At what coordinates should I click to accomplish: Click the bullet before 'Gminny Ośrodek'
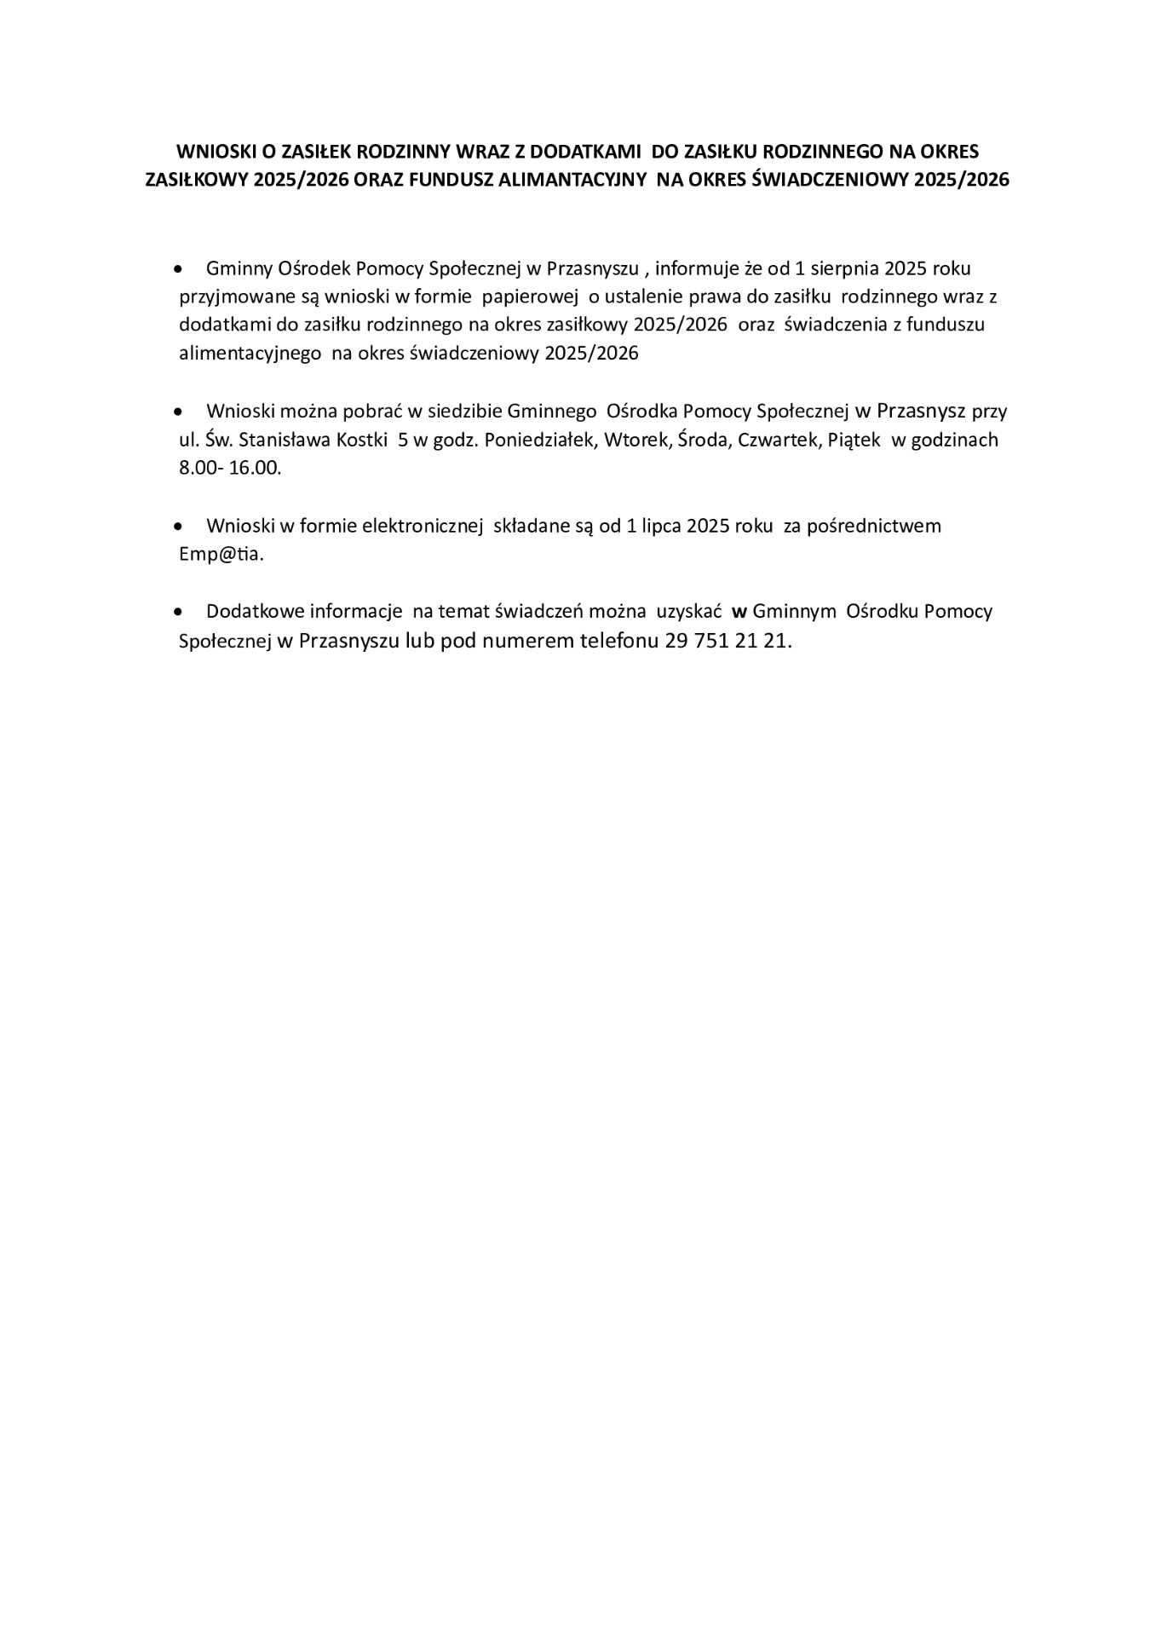click(178, 269)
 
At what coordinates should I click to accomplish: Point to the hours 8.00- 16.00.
click(230, 469)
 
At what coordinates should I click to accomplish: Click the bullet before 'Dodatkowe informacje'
click(178, 612)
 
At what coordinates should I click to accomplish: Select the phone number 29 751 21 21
click(726, 641)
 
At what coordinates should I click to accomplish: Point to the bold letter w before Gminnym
click(739, 612)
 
